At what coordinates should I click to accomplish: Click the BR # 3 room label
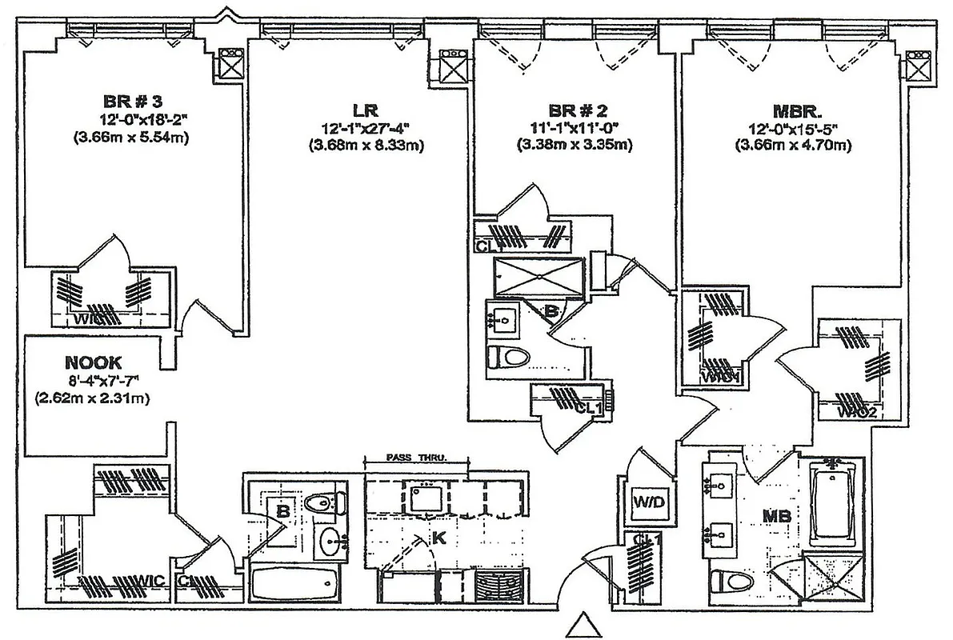pyautogui.click(x=133, y=102)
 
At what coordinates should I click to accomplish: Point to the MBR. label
pyautogui.click(x=793, y=110)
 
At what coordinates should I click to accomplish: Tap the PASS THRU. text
pyautogui.click(x=415, y=458)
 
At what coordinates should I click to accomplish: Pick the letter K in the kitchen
pyautogui.click(x=438, y=538)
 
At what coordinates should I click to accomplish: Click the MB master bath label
pyautogui.click(x=777, y=517)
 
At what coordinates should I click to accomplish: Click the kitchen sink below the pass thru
pyautogui.click(x=429, y=498)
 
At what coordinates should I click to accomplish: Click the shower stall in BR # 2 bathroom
pyautogui.click(x=541, y=276)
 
